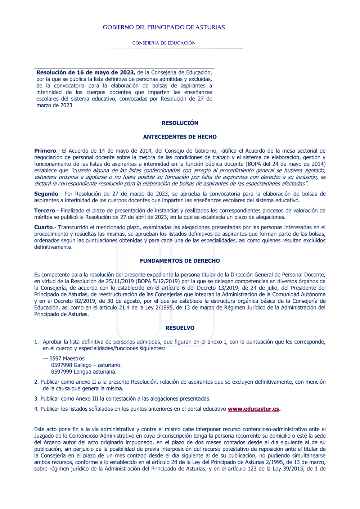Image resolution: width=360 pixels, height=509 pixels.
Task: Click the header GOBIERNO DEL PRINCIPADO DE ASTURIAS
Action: coord(164,27)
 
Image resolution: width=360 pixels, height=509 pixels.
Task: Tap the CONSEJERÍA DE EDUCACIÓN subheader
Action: coord(164,43)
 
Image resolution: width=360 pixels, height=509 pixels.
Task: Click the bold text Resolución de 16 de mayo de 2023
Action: coord(86,73)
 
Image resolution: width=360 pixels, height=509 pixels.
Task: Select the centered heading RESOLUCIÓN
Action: coord(180,123)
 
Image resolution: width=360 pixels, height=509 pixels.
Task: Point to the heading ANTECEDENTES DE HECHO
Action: coord(180,137)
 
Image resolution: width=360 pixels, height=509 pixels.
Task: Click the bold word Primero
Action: coord(45,151)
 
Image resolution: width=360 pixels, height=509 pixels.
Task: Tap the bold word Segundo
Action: coord(46,194)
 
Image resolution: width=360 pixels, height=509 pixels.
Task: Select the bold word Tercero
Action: coord(45,211)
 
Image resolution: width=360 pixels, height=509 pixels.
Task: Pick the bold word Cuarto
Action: coord(44,228)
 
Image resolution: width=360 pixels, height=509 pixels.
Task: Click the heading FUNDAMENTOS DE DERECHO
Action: coord(180,261)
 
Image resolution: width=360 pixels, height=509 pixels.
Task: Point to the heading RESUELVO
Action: coord(180,328)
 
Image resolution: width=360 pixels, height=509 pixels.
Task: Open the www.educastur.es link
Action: coord(253,409)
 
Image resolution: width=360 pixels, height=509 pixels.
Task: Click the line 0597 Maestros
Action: coord(67,359)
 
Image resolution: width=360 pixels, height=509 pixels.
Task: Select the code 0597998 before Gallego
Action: coord(62,365)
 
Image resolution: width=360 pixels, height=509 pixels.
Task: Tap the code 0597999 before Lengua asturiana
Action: coord(62,372)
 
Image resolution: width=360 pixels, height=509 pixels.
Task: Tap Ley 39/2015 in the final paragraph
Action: coord(286,469)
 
